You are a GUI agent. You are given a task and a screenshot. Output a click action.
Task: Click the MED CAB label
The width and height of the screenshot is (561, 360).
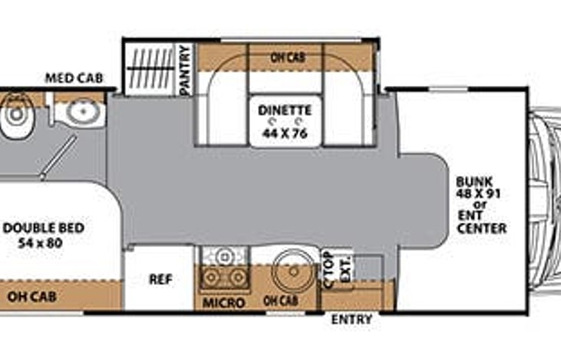point(74,78)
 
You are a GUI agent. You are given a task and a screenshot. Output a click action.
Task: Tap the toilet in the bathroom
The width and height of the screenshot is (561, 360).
point(15,115)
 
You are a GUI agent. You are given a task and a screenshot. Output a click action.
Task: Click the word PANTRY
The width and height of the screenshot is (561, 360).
point(184,70)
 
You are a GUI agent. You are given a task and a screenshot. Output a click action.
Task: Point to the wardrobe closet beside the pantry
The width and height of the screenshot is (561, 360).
point(150,69)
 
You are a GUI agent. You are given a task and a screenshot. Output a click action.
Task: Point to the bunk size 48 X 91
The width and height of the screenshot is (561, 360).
point(477,194)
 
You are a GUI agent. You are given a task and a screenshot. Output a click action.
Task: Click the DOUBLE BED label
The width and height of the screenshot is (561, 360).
point(44,228)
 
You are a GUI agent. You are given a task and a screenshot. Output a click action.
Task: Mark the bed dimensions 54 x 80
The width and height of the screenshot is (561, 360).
point(42,243)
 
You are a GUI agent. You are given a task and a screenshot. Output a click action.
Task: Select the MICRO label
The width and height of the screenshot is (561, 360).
point(223,302)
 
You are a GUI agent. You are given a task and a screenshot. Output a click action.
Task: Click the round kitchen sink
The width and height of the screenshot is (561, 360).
point(292,269)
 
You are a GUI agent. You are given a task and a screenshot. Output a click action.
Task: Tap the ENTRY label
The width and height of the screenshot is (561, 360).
point(351,319)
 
